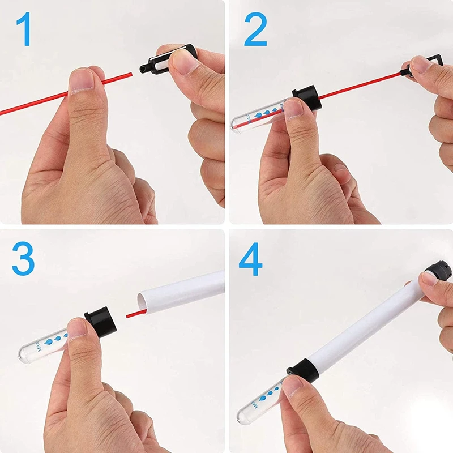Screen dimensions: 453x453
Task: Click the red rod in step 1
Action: [x=34, y=102]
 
